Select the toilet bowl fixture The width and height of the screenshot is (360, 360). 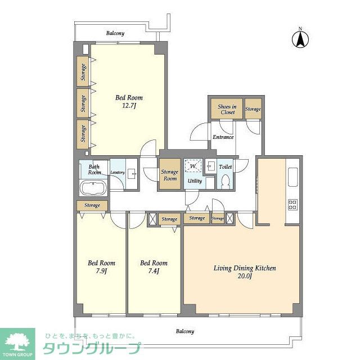click(x=225, y=181)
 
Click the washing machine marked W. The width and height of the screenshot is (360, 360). click(x=193, y=166)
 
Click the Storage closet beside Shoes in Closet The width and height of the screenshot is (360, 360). click(x=253, y=109)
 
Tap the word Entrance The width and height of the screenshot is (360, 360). click(x=223, y=137)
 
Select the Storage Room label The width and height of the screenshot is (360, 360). click(x=169, y=175)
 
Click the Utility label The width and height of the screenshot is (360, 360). click(x=195, y=181)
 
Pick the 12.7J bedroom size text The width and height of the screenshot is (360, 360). click(x=125, y=101)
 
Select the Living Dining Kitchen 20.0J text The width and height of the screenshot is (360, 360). click(x=245, y=272)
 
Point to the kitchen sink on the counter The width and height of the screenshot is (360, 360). click(x=292, y=178)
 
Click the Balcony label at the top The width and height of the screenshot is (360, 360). click(x=115, y=33)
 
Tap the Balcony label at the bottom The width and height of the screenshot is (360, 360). click(x=184, y=331)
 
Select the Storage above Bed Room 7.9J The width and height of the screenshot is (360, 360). click(x=93, y=205)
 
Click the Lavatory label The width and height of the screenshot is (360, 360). click(x=118, y=173)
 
